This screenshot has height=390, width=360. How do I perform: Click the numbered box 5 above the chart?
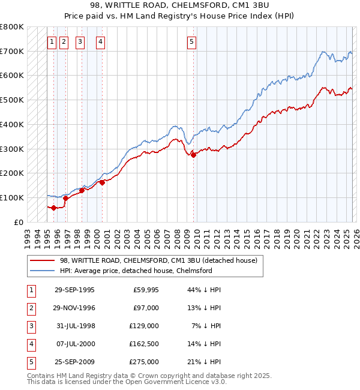tap(191, 42)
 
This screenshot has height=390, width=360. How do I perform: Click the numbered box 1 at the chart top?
tap(52, 42)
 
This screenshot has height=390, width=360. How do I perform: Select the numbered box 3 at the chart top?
tap(80, 42)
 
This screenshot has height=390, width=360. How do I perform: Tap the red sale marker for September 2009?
tap(193, 155)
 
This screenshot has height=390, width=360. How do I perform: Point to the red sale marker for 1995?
tap(53, 208)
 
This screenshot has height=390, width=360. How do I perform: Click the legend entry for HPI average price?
tap(136, 271)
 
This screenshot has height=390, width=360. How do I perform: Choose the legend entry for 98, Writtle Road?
tap(158, 260)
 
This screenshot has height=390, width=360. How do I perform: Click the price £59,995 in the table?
tap(146, 290)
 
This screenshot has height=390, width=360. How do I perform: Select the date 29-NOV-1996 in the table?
tap(75, 308)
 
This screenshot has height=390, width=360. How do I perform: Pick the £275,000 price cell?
tap(145, 362)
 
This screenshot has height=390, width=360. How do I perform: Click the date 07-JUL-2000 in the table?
tap(75, 344)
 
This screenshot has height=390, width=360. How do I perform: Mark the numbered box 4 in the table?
tap(31, 344)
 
